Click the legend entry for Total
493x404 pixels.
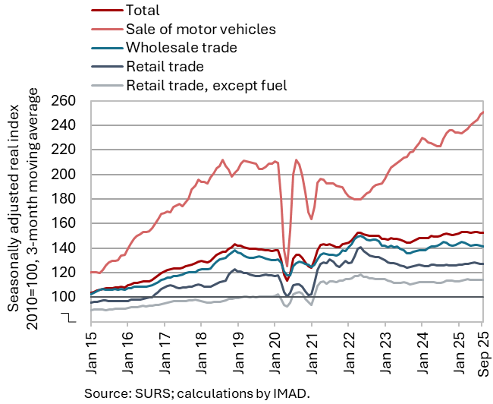pyautogui.click(x=144, y=11)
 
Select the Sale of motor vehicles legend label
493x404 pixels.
pyautogui.click(x=201, y=30)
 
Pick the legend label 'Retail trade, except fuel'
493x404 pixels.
pyautogui.click(x=206, y=84)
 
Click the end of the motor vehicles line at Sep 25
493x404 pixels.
pyautogui.click(x=483, y=112)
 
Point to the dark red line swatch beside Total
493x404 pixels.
pyautogui.click(x=106, y=11)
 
